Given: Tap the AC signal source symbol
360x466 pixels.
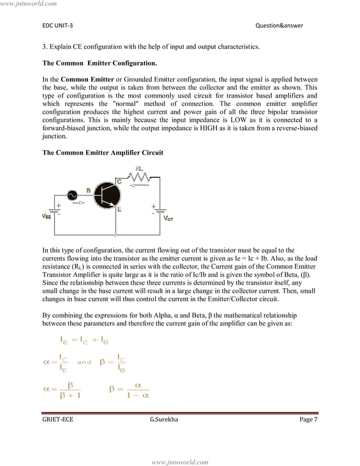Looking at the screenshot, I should coord(72,195).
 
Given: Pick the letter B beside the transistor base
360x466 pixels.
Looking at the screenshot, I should coord(89,190).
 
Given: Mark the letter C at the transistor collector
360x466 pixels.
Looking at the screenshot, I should coord(119,181).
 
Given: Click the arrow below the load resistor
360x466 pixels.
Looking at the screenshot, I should coord(135,184).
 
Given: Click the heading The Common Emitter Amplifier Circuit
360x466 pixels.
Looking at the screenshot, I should coord(104,153).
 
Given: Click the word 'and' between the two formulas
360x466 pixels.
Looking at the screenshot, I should coord(84,363).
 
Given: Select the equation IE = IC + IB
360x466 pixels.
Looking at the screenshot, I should coord(84,341).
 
